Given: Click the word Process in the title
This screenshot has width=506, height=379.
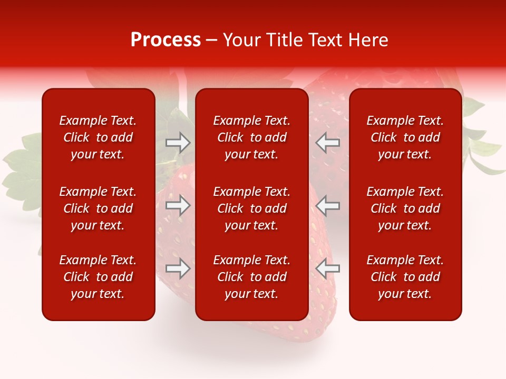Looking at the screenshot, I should coord(166,40).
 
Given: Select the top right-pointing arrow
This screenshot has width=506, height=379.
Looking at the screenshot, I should coord(178,143).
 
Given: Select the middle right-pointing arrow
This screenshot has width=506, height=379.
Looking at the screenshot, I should coord(178,205).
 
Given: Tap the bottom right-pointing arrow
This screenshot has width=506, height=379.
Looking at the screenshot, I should coord(178,269).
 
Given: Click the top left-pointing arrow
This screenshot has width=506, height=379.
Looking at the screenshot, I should coord(328,143).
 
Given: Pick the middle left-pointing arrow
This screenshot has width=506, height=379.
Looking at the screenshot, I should coord(328,205).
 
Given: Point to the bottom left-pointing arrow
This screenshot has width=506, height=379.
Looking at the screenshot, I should coord(328,269).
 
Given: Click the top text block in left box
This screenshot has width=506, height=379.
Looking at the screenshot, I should coord(98,137).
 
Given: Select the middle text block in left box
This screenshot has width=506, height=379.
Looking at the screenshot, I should coord(98,208).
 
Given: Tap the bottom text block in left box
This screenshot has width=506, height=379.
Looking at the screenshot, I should coord(98,277).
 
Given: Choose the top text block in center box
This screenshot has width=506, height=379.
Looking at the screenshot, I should coord(251,137).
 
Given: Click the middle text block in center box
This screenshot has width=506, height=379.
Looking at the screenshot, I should coord(251,208).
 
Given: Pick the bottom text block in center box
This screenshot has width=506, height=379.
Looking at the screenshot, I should coord(251,277).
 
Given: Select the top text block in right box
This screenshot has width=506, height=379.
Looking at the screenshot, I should coord(405,137).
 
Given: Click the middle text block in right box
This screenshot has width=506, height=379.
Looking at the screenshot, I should coord(405,208).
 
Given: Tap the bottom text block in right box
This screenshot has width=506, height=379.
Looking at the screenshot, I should coord(405,277).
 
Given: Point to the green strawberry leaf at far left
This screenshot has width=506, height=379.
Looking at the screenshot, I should coord(21,168).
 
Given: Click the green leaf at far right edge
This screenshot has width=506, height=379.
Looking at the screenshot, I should coord(488,158).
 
